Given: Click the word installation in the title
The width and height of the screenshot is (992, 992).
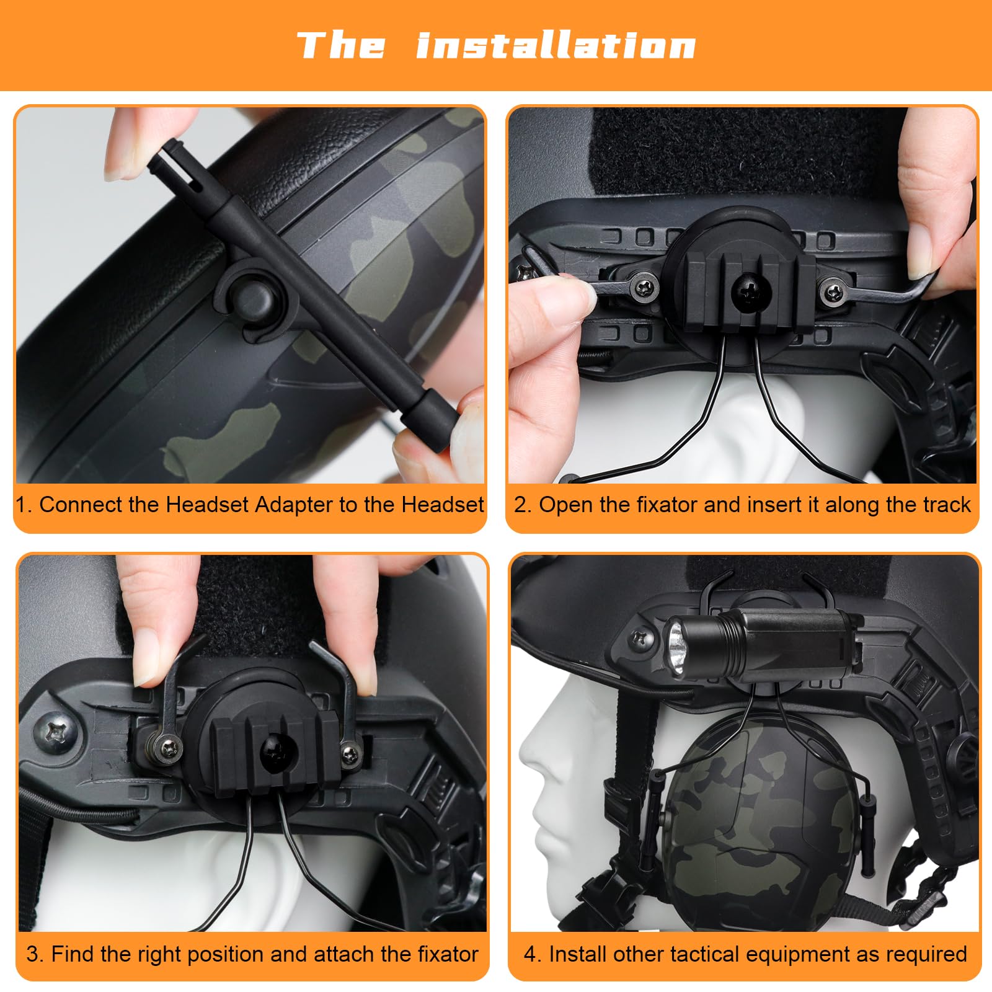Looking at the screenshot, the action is [556, 45].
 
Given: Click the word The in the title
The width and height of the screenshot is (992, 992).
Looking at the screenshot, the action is [342, 45].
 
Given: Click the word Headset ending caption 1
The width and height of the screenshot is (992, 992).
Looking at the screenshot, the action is [442, 504].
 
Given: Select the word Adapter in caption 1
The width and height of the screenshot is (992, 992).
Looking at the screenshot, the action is [294, 505].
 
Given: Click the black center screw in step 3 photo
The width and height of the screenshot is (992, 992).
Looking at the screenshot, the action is [274, 748].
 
